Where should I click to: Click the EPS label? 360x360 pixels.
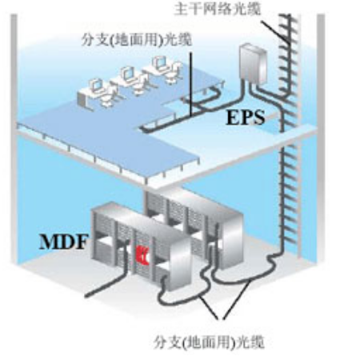246,118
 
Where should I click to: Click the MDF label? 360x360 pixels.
63,242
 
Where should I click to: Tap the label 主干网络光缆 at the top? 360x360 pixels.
218,9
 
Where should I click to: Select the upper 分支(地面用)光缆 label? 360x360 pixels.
137,40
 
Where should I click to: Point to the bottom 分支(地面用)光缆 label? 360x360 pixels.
209,342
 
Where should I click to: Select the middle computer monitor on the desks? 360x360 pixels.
128,74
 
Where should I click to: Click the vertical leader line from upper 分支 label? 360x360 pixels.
191,84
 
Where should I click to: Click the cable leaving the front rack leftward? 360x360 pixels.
106,282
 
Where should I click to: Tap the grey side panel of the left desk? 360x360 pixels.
82,99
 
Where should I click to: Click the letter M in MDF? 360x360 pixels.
47,242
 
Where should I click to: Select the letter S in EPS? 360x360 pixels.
258,118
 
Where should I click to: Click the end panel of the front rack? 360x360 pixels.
179,264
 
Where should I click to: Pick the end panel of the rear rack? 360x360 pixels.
231,240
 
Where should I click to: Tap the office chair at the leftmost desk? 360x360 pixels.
107,97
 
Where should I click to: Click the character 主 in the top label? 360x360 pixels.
182,9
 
